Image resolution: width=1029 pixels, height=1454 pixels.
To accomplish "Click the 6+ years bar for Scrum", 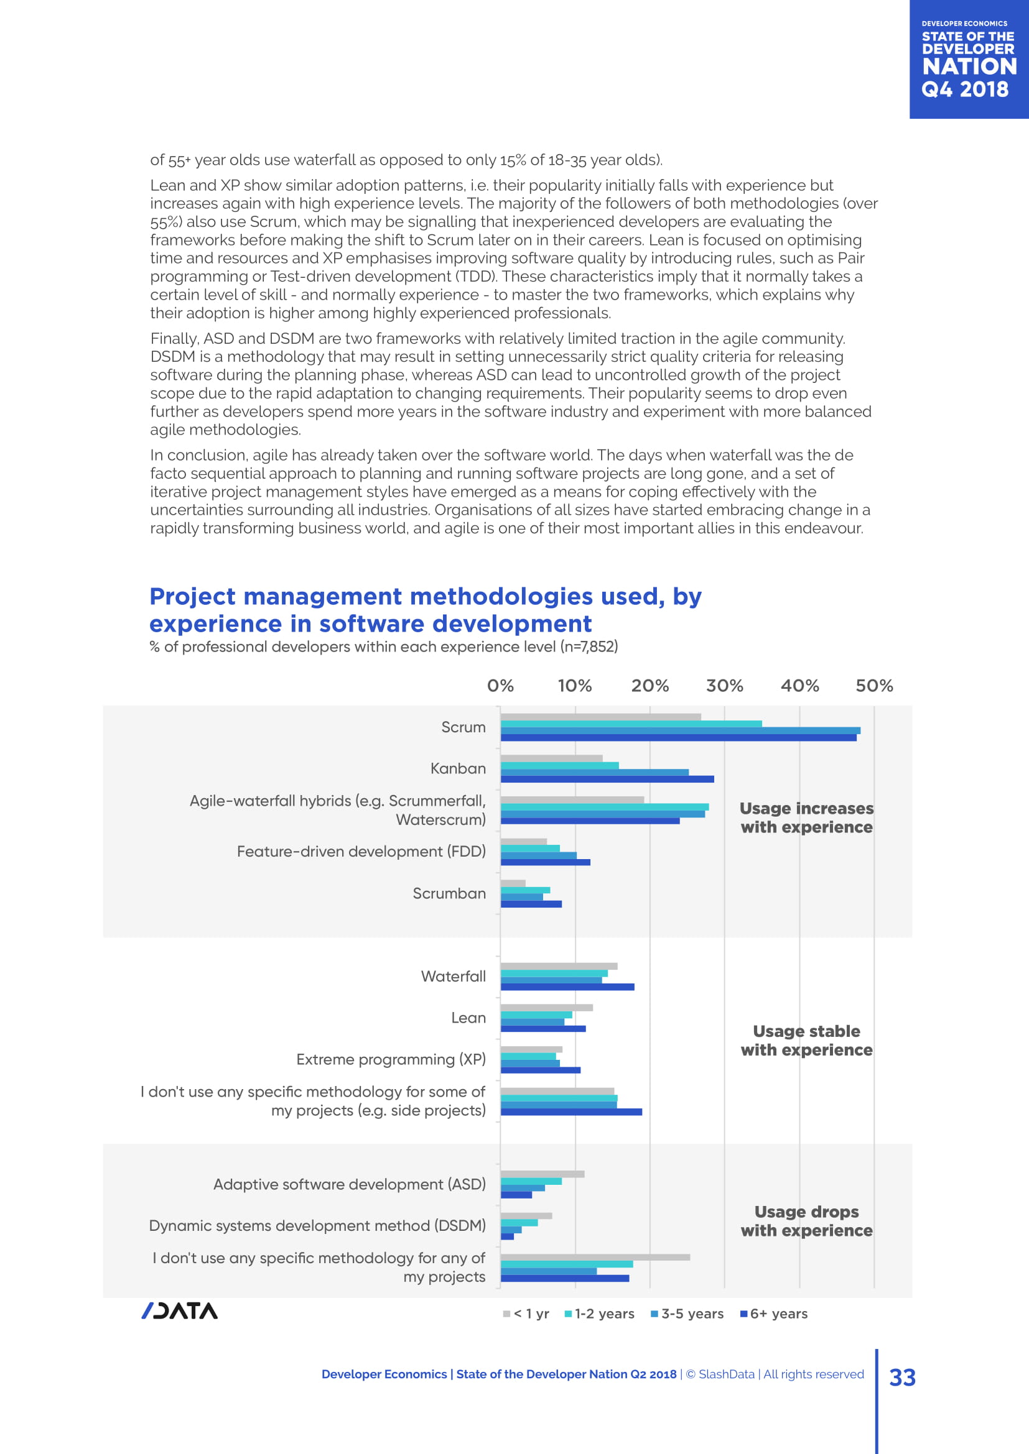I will tap(678, 738).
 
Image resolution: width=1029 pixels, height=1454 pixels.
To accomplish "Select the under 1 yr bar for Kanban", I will tap(551, 758).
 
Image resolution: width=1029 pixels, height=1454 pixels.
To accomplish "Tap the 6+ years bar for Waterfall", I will tap(567, 987).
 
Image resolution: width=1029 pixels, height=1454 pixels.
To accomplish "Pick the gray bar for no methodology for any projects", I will tap(595, 1257).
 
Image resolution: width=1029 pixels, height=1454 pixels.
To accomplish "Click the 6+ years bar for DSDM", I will tap(507, 1236).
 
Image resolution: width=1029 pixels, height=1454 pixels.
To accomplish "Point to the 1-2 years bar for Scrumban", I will tap(525, 890).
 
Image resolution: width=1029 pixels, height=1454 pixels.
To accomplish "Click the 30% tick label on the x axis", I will tap(724, 686).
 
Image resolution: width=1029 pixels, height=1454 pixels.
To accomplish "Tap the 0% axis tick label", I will tap(500, 686).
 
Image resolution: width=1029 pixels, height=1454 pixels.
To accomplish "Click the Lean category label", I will tap(468, 1018).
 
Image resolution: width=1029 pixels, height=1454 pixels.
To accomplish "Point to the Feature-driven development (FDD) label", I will tap(361, 851).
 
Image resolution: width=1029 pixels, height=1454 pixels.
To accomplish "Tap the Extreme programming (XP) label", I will tap(391, 1059).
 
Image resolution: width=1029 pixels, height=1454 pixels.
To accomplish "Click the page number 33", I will tap(902, 1378).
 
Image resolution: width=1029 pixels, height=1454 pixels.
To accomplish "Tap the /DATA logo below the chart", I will tap(179, 1311).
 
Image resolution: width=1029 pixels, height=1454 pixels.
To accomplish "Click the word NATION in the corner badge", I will tap(969, 67).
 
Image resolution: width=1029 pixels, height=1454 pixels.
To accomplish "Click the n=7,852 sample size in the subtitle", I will tap(589, 646).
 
